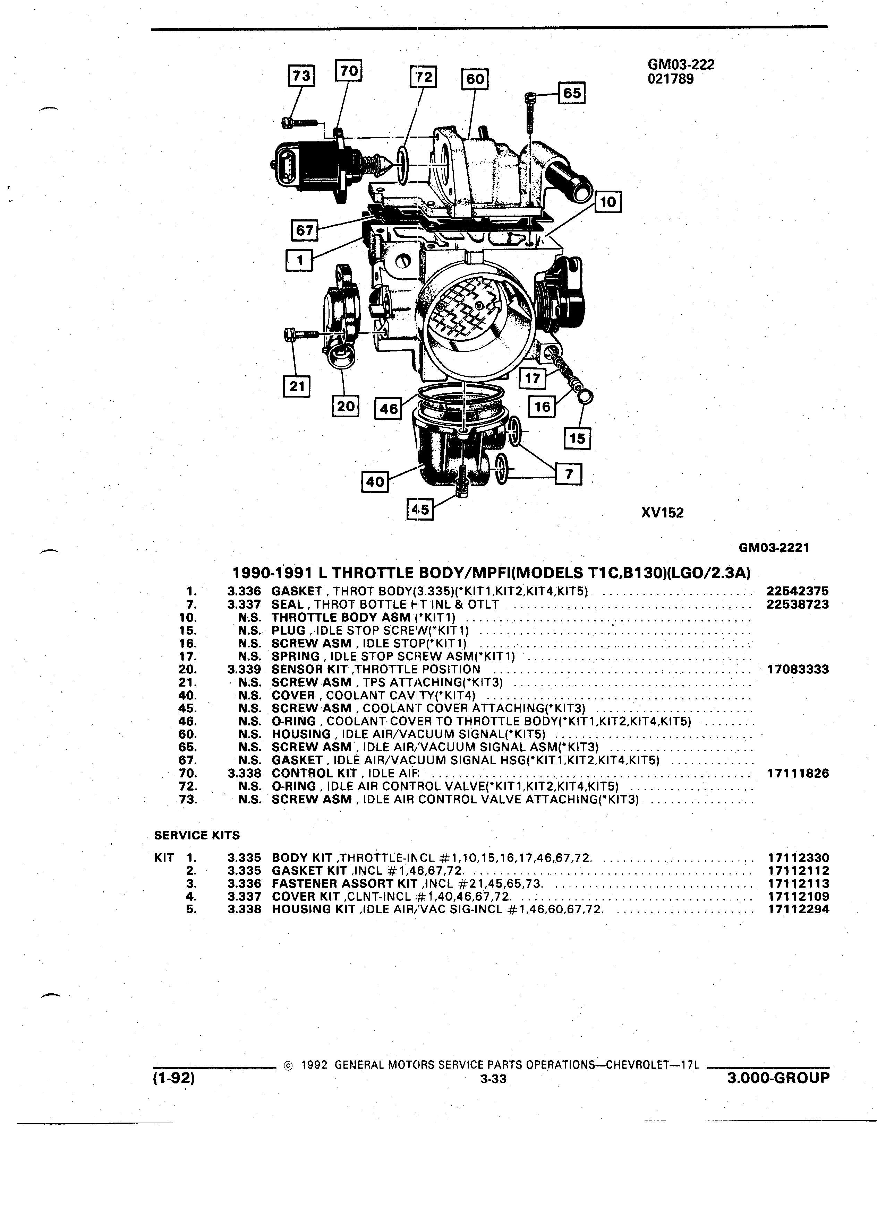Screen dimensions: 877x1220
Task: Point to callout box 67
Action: tap(304, 230)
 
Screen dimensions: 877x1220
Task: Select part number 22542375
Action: tap(797, 591)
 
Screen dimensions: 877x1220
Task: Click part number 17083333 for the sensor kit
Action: tap(797, 669)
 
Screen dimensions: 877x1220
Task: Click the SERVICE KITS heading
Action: tap(197, 835)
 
